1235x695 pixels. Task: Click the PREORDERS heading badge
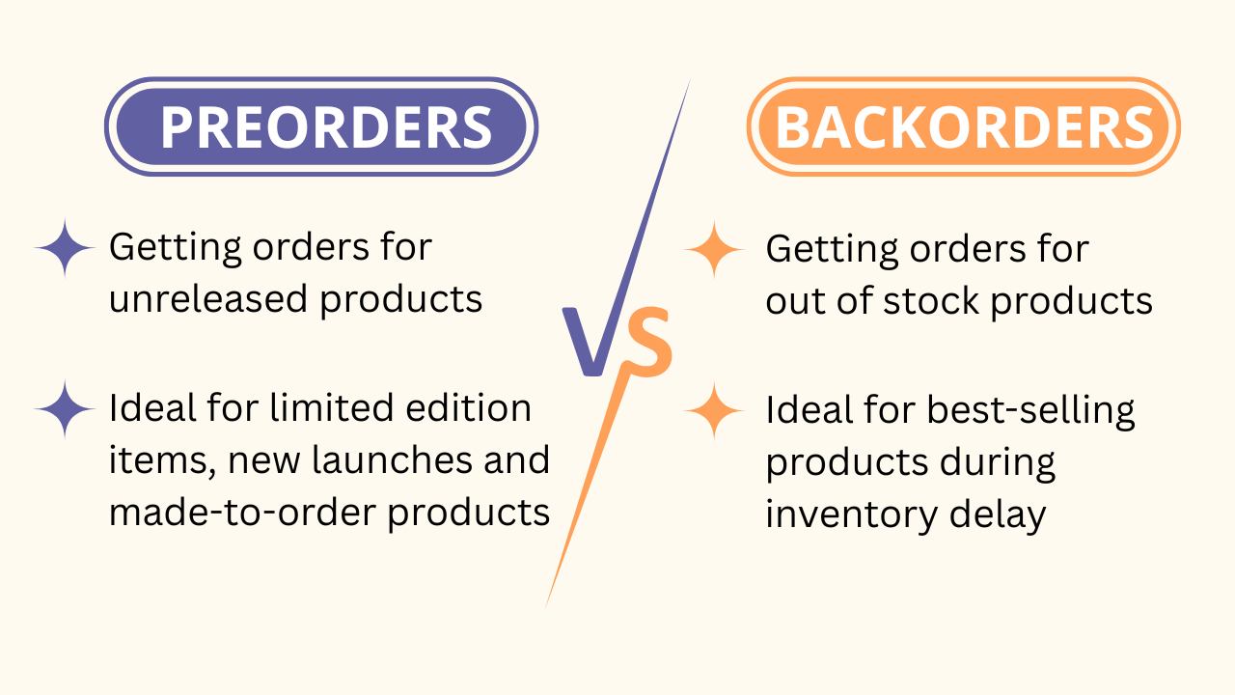[x=320, y=126]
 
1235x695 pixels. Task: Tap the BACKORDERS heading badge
[x=963, y=126]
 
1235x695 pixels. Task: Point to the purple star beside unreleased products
[x=65, y=248]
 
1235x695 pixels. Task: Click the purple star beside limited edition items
[x=65, y=409]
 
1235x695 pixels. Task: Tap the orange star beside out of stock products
[x=715, y=249]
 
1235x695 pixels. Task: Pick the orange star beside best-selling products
[x=715, y=411]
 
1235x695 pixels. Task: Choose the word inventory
[x=837, y=514]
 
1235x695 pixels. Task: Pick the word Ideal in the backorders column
[x=805, y=410]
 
